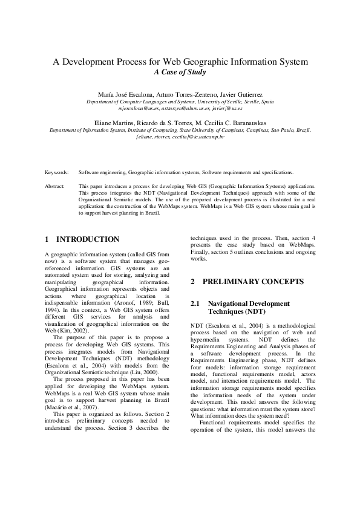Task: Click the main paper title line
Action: click(x=180, y=62)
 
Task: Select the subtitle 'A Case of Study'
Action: click(x=180, y=73)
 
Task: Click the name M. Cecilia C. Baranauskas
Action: click(x=232, y=123)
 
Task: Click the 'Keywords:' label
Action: click(x=57, y=172)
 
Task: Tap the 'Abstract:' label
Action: click(x=55, y=187)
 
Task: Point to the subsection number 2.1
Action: click(x=195, y=303)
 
